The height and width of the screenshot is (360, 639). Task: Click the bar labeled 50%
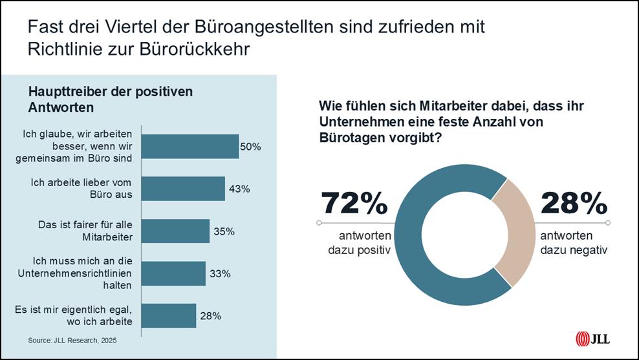(x=190, y=147)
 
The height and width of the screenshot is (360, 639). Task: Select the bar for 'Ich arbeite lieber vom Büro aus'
(x=183, y=189)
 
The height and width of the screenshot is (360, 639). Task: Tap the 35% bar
(x=175, y=231)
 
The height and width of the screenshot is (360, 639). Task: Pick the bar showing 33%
(x=173, y=274)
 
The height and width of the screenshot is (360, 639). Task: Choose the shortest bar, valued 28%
(x=168, y=316)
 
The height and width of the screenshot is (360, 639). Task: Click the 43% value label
(x=239, y=189)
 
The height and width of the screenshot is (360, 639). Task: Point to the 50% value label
(x=250, y=147)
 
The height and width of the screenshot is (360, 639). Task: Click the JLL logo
(x=592, y=339)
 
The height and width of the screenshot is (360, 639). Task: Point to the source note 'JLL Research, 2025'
(x=72, y=340)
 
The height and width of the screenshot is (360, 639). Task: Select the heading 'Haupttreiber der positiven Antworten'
(x=110, y=99)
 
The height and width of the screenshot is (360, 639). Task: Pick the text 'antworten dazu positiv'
(x=355, y=242)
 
